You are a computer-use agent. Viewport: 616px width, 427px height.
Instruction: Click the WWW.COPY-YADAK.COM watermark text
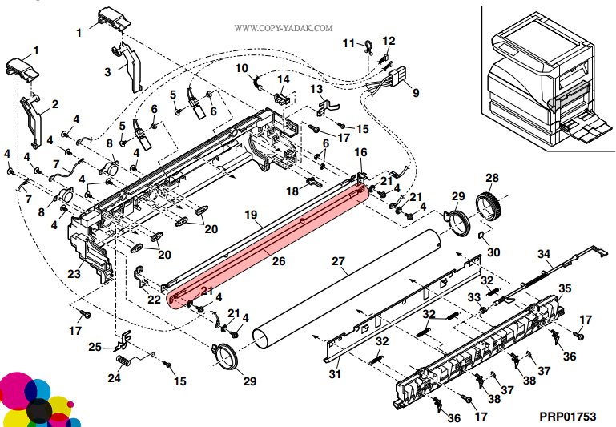tap(284, 28)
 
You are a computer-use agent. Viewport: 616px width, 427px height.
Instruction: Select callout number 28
tap(492, 178)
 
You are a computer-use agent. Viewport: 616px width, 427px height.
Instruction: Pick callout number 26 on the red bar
tap(278, 260)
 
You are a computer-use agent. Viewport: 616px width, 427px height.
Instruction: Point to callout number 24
tap(115, 377)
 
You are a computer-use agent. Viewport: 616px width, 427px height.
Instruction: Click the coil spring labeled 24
tap(123, 361)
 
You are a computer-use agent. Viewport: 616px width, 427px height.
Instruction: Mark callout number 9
tap(415, 92)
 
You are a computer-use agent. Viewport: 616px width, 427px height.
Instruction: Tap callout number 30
tap(494, 252)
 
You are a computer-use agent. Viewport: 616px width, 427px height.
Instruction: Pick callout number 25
tap(95, 347)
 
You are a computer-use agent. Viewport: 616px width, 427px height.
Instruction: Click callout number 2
tap(54, 103)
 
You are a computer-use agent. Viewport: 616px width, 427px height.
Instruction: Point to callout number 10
tap(242, 68)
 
